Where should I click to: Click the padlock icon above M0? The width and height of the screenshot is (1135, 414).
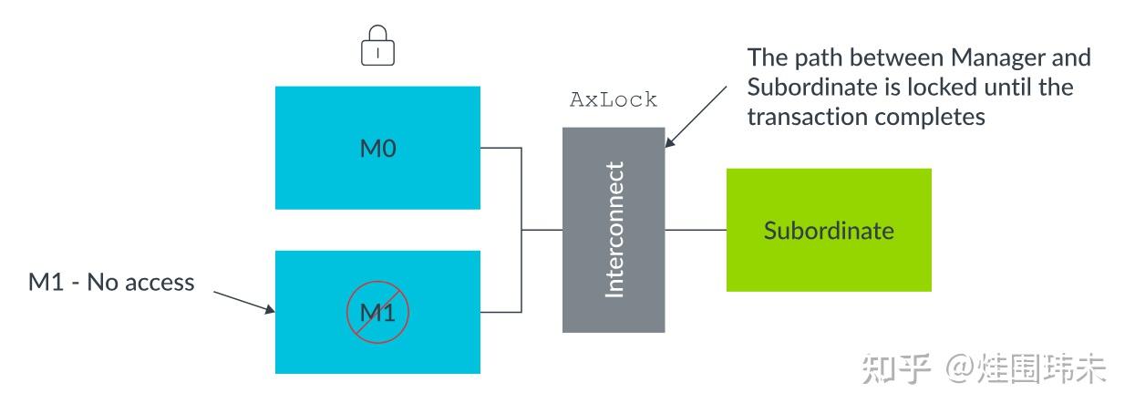point(377,45)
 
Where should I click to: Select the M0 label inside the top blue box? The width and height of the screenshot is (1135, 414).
point(378,149)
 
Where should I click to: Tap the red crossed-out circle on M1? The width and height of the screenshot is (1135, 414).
point(377,312)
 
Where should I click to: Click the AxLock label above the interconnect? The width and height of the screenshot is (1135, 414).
point(614,99)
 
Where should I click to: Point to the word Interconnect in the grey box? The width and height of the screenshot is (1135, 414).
point(614,230)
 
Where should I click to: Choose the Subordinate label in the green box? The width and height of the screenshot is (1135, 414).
point(829,231)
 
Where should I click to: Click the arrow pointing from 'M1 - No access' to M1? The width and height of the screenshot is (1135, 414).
point(244,302)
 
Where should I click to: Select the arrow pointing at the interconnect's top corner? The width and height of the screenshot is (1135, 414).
point(696,117)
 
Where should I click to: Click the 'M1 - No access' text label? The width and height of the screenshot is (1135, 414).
point(111,283)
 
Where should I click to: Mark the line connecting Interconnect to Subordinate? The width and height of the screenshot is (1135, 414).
point(696,230)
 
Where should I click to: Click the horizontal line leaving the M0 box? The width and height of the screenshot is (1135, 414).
point(500,148)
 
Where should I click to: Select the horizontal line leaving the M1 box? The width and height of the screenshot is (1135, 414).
point(500,312)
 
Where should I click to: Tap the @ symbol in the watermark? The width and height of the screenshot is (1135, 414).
point(959,369)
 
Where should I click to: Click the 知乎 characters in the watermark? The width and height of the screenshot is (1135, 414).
point(896,368)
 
